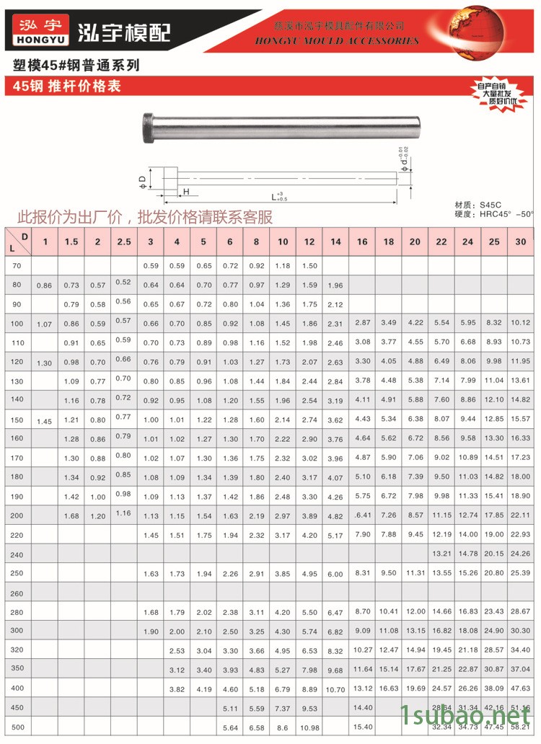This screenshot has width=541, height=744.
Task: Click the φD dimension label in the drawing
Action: click(x=142, y=179)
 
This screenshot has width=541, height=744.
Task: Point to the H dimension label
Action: click(x=186, y=192)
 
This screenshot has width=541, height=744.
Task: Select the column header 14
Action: click(x=335, y=242)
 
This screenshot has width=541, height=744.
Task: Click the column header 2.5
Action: click(x=124, y=242)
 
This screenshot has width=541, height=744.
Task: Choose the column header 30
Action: click(x=520, y=242)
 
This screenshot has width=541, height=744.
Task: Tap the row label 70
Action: click(x=17, y=266)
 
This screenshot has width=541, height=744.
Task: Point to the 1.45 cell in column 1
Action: click(x=45, y=420)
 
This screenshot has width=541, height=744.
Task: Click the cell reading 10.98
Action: click(x=309, y=728)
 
